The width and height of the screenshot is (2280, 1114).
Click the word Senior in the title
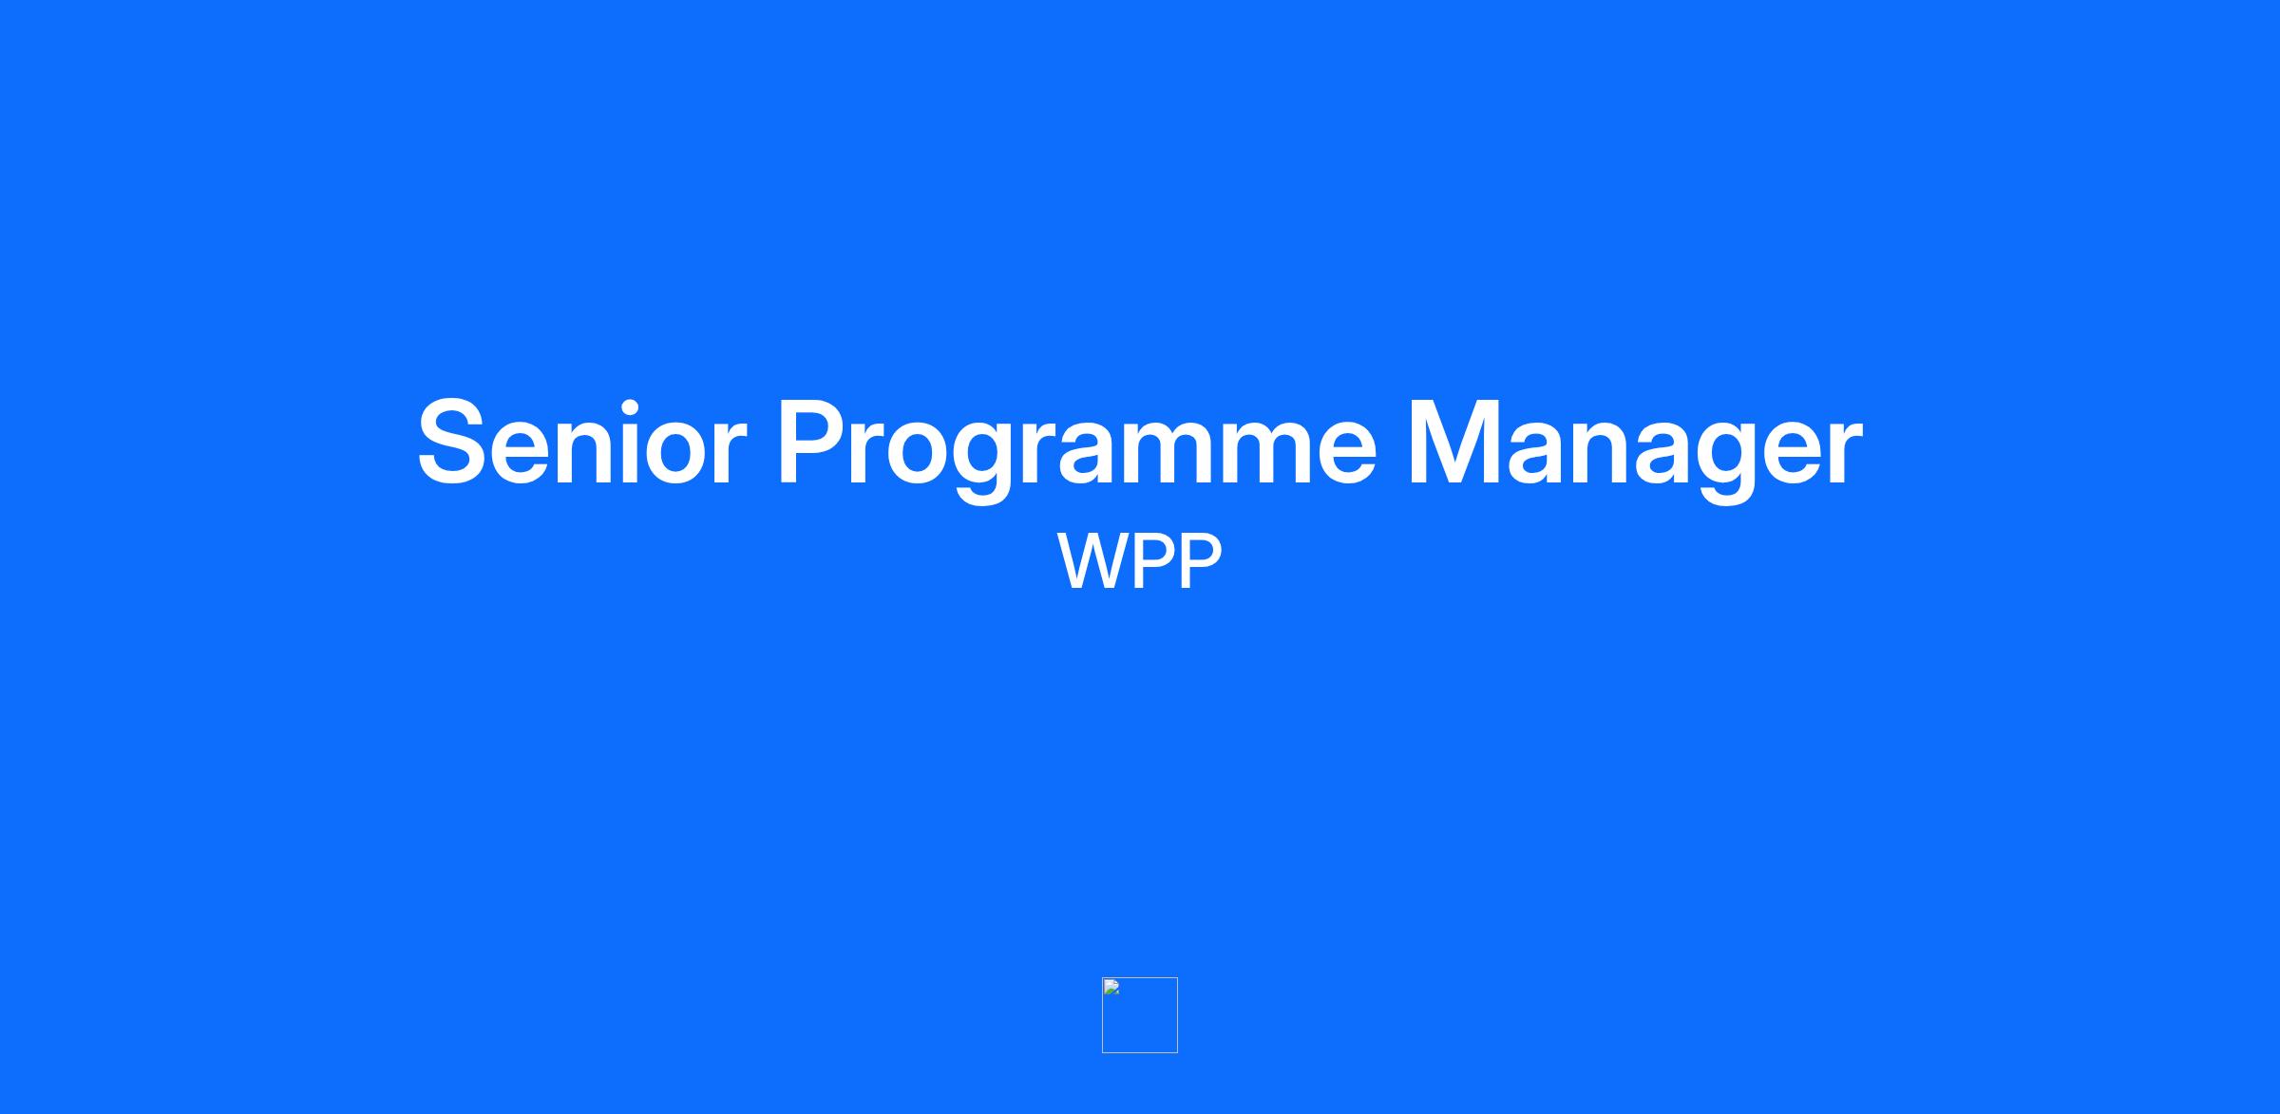coord(581,443)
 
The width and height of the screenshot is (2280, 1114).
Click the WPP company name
coord(1139,561)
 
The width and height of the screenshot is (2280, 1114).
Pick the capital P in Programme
coord(816,443)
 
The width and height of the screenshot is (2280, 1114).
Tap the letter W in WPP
coord(1092,561)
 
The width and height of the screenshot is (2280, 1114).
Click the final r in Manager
coord(1845,454)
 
